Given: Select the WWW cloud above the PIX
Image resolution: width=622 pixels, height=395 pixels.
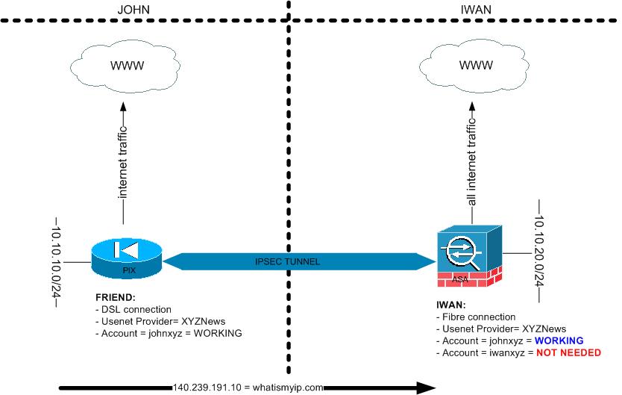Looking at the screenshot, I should (127, 66).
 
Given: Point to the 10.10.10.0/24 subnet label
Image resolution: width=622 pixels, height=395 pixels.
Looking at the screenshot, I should (57, 261).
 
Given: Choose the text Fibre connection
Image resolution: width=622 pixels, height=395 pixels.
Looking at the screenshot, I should (478, 317).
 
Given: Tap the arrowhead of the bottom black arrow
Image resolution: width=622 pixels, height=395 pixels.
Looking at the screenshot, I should (427, 388).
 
